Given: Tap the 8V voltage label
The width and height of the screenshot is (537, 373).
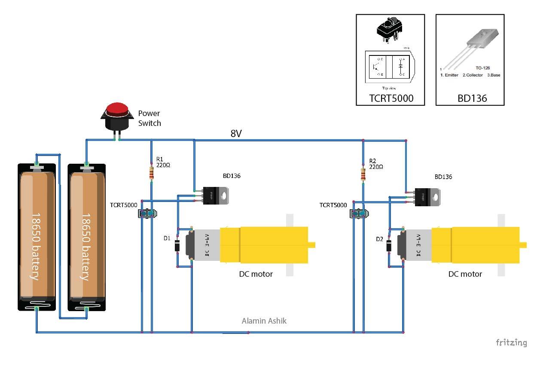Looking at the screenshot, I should [x=236, y=134].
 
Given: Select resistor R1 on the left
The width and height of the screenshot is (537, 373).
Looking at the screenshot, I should [x=151, y=173].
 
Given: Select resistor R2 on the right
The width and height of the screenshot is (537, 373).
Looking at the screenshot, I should [x=363, y=174].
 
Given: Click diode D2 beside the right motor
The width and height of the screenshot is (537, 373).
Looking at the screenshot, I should [x=389, y=246].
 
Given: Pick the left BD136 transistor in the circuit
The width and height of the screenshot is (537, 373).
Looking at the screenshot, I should [x=215, y=196].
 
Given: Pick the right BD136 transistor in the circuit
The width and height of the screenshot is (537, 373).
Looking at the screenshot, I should [x=427, y=196].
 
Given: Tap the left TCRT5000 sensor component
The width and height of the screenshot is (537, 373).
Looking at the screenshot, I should [x=147, y=213].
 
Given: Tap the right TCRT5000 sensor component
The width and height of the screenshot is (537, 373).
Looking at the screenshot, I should [x=359, y=213].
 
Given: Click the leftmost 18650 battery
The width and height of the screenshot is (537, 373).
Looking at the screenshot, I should [x=37, y=236].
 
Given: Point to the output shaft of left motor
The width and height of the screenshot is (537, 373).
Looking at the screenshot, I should [x=312, y=245].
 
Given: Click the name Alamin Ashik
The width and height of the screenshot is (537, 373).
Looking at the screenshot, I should [x=264, y=321].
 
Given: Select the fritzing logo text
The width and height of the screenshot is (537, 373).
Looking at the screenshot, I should [x=511, y=342].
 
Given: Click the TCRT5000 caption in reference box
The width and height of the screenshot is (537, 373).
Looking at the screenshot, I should [x=391, y=98].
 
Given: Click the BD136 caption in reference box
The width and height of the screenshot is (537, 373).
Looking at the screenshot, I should [x=472, y=98].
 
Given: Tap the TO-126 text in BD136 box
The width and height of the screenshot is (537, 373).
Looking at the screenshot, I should [x=483, y=68].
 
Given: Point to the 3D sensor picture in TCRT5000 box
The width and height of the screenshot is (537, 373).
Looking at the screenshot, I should [x=389, y=29].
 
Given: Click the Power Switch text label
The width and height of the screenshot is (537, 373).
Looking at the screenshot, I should [x=150, y=118].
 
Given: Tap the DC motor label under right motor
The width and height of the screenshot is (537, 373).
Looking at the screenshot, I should [x=465, y=274].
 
